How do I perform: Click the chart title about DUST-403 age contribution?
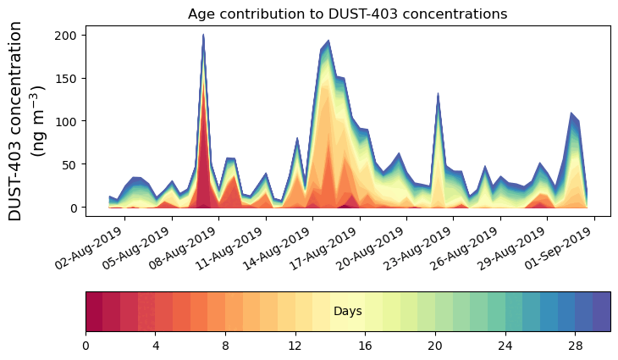pyautogui.click(x=347, y=14)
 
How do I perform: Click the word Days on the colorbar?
pyautogui.click(x=348, y=312)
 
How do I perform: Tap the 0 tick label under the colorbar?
pyautogui.click(x=86, y=346)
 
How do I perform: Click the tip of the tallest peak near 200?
pyautogui.click(x=203, y=36)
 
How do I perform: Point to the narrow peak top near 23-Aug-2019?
pyautogui.click(x=438, y=94)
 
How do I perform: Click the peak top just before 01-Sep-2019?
pyautogui.click(x=571, y=114)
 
